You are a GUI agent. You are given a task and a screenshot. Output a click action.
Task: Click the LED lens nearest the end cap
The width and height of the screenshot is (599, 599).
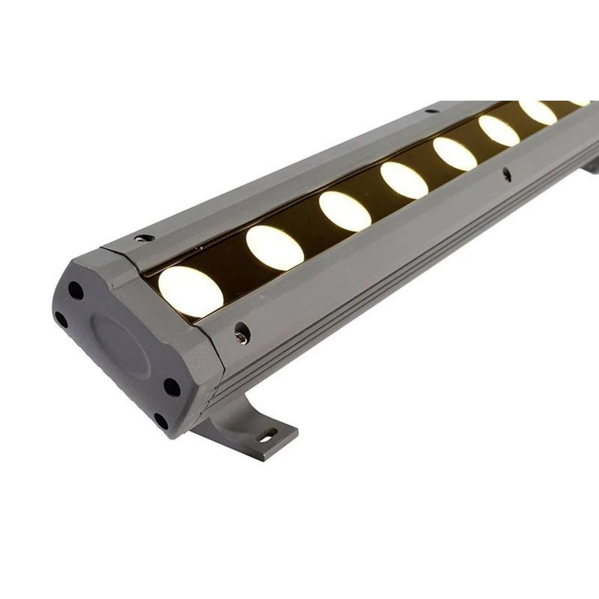pos(190,291)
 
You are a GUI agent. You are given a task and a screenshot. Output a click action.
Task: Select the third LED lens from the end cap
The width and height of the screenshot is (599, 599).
pos(344,211)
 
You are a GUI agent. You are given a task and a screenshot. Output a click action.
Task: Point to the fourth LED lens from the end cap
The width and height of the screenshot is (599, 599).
pos(404,180)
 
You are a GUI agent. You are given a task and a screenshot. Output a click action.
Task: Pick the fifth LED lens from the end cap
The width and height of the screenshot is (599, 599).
pos(455,153)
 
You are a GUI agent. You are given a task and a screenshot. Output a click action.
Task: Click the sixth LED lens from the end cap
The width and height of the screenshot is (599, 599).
pos(498,131)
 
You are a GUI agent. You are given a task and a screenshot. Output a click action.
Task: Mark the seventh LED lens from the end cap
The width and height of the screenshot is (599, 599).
pos(537,112)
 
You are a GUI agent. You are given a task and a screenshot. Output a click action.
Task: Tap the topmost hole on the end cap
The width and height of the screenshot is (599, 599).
pos(75,291)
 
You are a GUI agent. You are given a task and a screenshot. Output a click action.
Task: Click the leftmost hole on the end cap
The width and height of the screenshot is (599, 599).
pos(61,319)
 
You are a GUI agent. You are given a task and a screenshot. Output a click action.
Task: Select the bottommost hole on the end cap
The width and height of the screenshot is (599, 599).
pos(161,420)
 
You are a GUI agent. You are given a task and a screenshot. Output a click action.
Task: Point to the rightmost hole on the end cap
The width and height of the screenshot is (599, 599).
pos(172,387)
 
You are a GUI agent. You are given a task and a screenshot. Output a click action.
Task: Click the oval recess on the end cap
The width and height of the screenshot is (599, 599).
pos(120,344)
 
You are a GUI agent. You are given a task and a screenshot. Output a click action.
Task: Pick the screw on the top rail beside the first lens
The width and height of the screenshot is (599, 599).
pos(144,238)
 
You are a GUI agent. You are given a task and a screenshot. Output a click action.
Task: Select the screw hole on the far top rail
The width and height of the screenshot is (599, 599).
pos(431,111)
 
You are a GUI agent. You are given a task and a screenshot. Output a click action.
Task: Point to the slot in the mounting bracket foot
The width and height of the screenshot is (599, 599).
pos(268,434)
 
